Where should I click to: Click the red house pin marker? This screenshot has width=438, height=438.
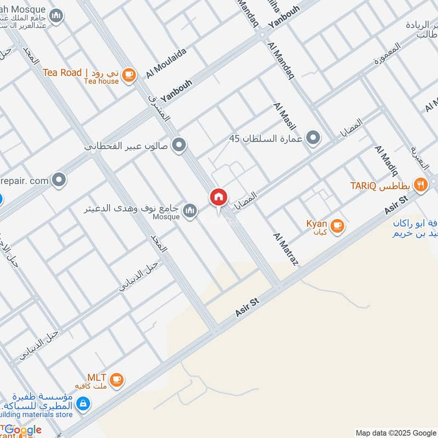(x=218, y=198)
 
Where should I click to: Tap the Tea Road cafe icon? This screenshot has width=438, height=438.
(x=128, y=75)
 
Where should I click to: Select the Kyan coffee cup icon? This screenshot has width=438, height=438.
(x=337, y=225)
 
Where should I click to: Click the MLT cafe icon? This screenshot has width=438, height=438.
(x=116, y=379)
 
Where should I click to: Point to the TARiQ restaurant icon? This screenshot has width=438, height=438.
(x=420, y=185)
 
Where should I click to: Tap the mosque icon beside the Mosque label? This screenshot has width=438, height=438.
(x=190, y=210)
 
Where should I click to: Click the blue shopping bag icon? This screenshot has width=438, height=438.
(x=83, y=404)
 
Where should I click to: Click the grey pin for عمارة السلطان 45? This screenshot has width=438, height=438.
(x=313, y=138)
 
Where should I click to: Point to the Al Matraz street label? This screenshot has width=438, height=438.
(x=286, y=249)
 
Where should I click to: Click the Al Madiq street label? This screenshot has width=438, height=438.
(x=386, y=159)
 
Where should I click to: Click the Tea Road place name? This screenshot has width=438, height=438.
(x=62, y=72)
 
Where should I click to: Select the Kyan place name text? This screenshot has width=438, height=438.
(x=316, y=224)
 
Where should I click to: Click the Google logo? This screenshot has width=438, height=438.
(x=22, y=430)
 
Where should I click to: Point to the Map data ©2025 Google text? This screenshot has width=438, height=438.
(x=394, y=433)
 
